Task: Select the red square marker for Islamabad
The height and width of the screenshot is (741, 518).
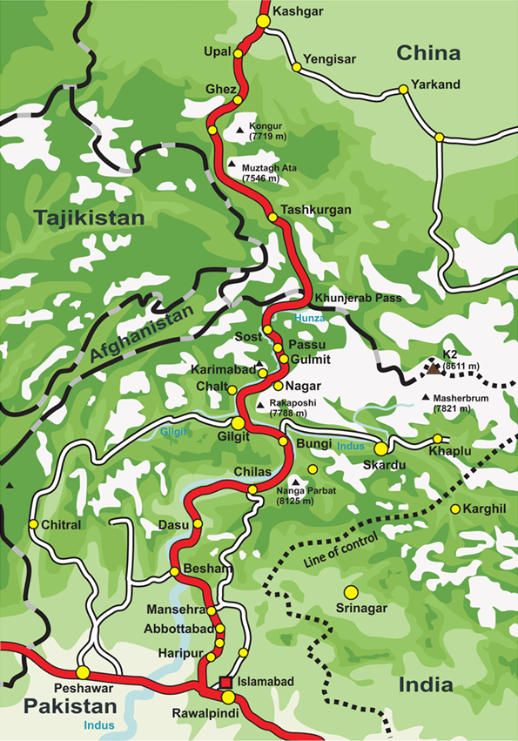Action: (225, 682)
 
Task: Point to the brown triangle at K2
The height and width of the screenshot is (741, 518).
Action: (433, 368)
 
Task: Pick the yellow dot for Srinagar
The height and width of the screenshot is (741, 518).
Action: (351, 592)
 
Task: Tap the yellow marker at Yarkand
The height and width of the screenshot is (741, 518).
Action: (403, 89)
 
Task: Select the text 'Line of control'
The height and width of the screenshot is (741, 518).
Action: (340, 550)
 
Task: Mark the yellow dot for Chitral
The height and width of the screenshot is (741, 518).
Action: (33, 524)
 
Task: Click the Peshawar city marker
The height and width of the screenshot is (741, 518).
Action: (83, 672)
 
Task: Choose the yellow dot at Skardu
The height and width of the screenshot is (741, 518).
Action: (380, 448)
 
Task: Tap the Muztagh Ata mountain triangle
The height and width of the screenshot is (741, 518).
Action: (232, 164)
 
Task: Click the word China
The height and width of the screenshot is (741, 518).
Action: (428, 54)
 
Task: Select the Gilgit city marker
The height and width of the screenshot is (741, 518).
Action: (238, 422)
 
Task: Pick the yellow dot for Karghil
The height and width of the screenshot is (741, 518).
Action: (454, 509)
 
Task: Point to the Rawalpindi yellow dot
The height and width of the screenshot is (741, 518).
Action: (227, 697)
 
